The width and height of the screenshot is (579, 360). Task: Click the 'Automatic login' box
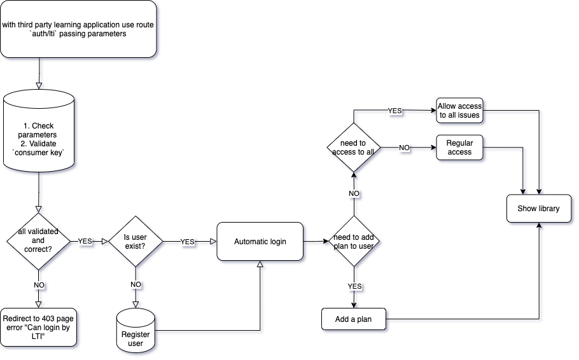tap(260, 242)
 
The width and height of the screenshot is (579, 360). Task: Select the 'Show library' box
tap(540, 208)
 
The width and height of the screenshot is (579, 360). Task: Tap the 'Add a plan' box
tap(354, 319)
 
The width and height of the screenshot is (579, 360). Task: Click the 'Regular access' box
tap(459, 148)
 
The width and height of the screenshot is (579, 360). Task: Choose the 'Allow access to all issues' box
tap(459, 111)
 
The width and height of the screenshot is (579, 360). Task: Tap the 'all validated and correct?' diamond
tap(38, 242)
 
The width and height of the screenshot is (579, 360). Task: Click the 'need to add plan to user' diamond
tap(354, 242)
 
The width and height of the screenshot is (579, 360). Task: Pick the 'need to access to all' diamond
tap(354, 148)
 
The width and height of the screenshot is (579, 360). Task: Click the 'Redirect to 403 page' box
tap(38, 327)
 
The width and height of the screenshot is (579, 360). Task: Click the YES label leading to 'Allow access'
tap(394, 111)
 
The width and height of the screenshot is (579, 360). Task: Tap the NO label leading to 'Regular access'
tap(404, 148)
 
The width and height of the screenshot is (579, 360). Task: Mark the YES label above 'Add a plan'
tap(354, 286)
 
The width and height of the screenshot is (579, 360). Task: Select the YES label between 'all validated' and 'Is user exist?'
tap(86, 242)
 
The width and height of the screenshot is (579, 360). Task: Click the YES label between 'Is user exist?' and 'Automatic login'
tap(188, 242)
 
